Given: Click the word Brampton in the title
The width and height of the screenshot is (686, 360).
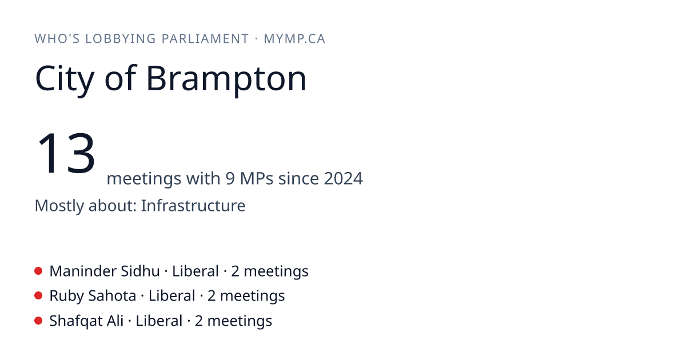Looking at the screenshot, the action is click(226, 79).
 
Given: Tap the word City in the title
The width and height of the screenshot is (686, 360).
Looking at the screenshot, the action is click(65, 79).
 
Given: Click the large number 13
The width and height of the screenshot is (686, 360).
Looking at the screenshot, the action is click(66, 153).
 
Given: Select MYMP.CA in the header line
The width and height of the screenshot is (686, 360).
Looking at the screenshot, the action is click(294, 39).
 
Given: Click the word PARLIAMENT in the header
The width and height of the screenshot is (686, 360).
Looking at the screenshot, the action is click(205, 39).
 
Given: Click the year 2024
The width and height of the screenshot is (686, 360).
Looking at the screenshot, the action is click(344, 178).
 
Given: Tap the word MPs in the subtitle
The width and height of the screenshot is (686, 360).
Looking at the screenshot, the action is click(257, 178).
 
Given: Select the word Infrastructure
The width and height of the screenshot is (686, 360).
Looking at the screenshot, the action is click(193, 205).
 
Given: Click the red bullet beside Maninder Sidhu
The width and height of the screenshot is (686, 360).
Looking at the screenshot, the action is click(38, 271).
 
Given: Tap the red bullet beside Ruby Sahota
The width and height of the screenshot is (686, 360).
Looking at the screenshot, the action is click(38, 296).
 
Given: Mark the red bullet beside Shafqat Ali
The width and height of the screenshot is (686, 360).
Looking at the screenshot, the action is click(38, 321).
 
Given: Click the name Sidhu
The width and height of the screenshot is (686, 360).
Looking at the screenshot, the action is click(140, 271).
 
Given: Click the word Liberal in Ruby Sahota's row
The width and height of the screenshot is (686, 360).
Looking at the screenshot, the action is click(172, 296).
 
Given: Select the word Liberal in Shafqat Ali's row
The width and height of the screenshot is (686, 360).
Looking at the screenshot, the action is click(159, 321).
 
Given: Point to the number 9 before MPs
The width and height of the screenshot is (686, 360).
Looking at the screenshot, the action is click(230, 178).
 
